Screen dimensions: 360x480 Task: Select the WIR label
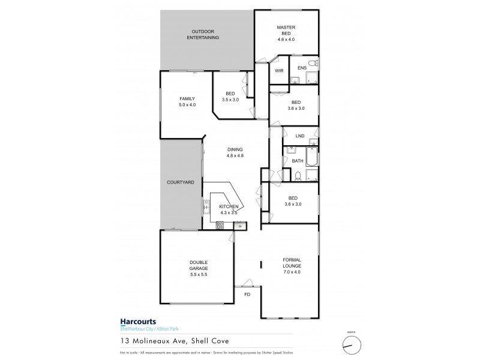pos(278,71)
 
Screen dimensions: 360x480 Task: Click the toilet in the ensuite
pos(311,63)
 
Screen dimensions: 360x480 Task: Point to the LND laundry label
pos(300,136)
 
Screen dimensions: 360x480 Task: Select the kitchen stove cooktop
pos(220,225)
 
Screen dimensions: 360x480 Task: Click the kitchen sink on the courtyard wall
pos(206,209)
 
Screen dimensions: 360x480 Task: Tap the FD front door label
pos(247,295)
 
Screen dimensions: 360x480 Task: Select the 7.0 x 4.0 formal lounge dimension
pos(292,273)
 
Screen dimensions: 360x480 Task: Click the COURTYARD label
pos(180,181)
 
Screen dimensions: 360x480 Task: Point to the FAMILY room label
pos(187,98)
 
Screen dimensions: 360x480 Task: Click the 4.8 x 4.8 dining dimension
pos(235,156)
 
